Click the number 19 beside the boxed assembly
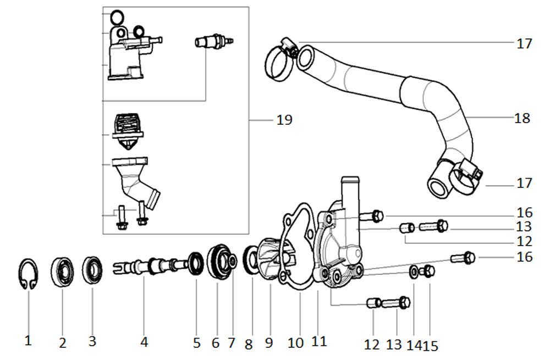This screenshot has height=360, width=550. tap(285, 119)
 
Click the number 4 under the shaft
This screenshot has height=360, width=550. tap(144, 342)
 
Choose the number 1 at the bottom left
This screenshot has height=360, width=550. tap(28, 341)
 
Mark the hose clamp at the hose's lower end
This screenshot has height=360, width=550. tap(465, 175)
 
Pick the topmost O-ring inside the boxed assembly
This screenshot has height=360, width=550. tap(117, 17)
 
